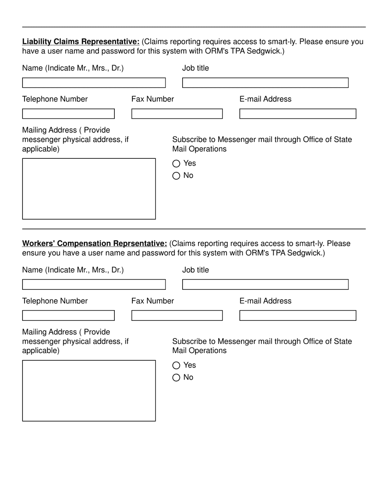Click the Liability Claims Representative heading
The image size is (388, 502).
click(81, 42)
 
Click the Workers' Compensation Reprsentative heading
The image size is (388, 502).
click(94, 244)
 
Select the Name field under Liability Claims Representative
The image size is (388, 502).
click(94, 83)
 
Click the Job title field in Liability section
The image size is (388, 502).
click(265, 83)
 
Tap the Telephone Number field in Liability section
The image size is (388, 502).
click(68, 114)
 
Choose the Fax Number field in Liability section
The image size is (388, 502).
click(177, 114)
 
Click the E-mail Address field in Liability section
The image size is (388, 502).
click(298, 114)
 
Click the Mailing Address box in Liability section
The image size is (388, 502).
click(89, 189)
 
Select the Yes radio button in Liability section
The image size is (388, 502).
click(176, 164)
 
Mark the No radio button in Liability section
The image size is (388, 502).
click(176, 176)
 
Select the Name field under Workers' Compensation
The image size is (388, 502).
click(94, 284)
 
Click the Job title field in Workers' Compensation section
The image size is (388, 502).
click(265, 284)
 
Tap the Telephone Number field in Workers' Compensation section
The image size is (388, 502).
click(68, 315)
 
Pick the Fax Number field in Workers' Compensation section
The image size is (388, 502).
click(177, 315)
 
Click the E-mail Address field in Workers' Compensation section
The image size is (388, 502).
click(298, 315)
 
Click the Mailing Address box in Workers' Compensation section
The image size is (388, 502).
click(89, 391)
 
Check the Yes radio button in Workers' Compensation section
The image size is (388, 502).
click(176, 365)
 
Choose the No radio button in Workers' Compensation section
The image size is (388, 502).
click(176, 378)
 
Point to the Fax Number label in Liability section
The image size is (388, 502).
click(152, 99)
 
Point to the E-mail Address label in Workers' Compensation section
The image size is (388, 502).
click(265, 301)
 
